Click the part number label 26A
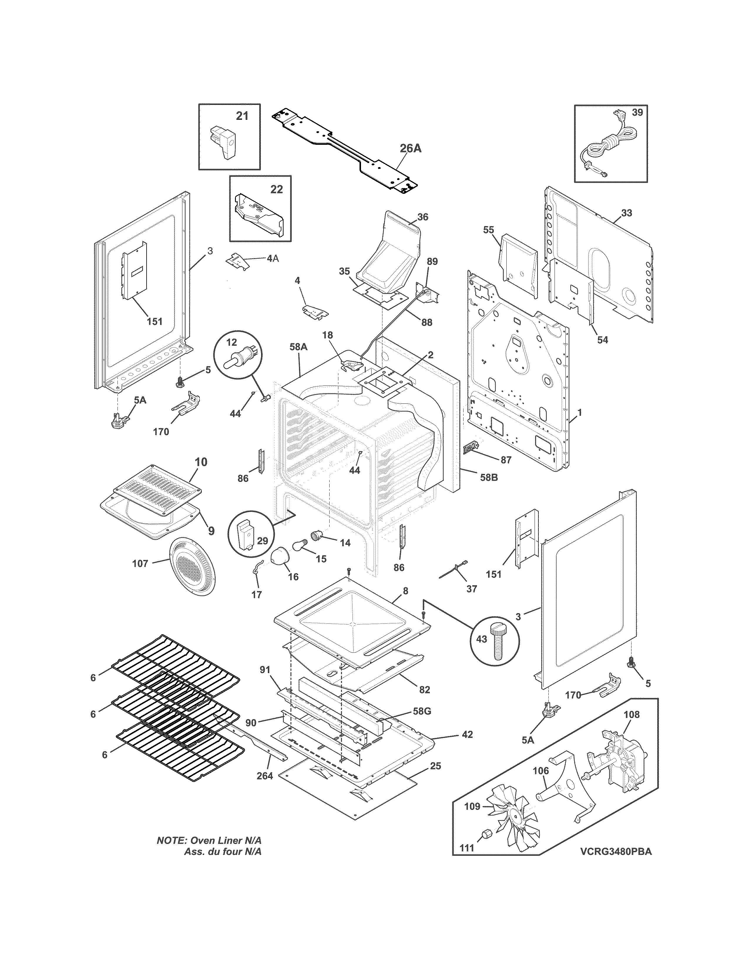pos(410,149)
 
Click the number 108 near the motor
pos(632,715)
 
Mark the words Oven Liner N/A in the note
pos(226,840)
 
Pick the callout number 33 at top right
pos(626,213)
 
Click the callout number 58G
pos(421,711)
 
